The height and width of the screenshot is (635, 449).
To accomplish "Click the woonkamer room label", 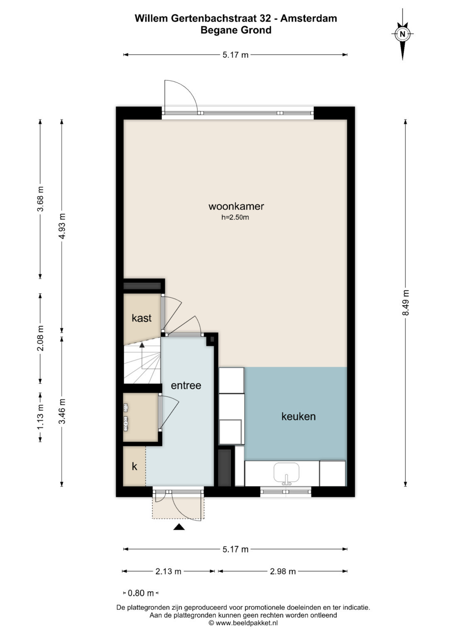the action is pos(236,206).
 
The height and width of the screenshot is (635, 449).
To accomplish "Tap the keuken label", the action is pos(299,416).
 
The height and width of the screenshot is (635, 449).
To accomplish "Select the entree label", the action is pos(186,385).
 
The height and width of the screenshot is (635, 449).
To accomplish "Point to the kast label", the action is pos(141,318).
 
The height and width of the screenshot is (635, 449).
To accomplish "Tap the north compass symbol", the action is pos(402,34).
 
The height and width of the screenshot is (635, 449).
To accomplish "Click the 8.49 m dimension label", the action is pos(406,302).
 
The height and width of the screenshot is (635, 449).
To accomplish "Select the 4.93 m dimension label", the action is pos(62,226).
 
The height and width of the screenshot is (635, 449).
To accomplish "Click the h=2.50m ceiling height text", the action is pos(235,217).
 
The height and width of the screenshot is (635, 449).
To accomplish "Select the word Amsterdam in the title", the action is pos(308,18).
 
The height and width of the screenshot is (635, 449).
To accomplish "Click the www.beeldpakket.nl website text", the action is pos(246,623).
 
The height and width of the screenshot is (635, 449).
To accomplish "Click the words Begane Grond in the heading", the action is pos(236,30).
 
